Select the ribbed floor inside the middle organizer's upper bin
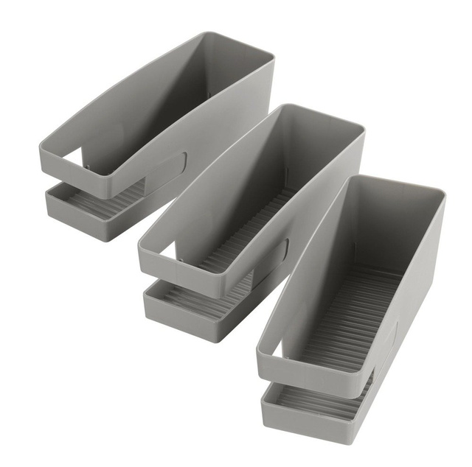point(243,228)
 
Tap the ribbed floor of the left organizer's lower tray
point(103,203)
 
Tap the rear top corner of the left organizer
point(270,56)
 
